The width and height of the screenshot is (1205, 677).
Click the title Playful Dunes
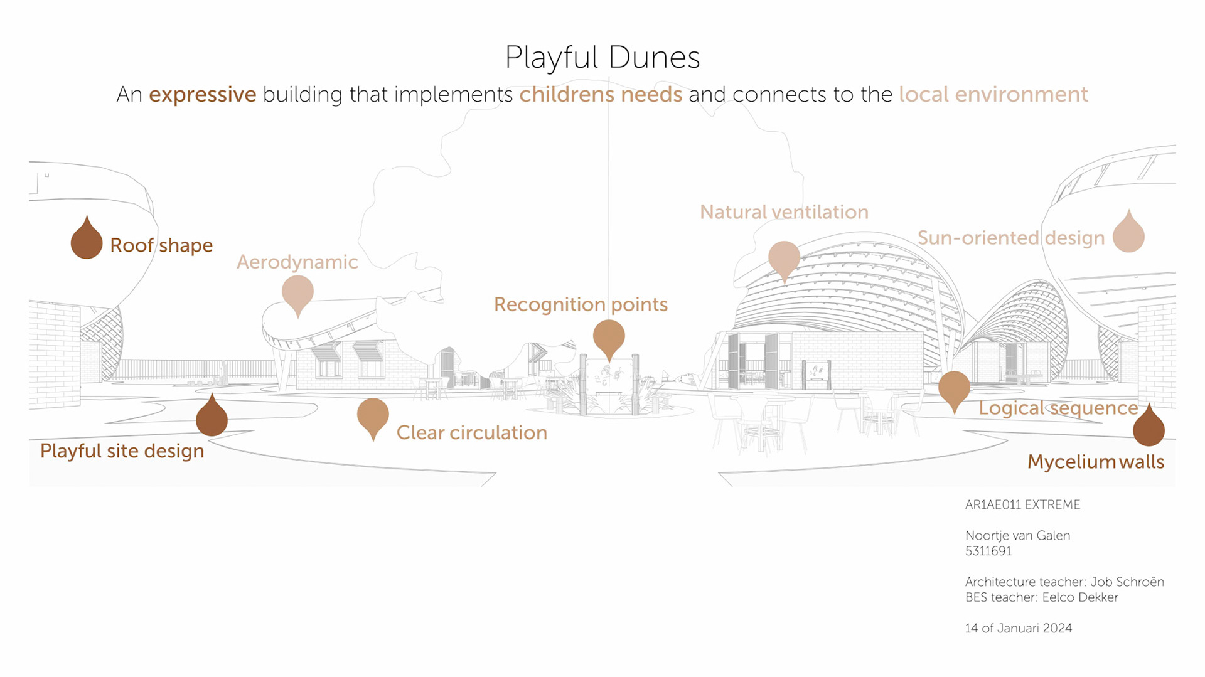(602, 58)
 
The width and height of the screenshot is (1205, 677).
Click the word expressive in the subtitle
(202, 94)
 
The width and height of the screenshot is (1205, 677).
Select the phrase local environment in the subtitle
(993, 94)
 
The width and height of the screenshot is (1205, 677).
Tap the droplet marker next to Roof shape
(87, 239)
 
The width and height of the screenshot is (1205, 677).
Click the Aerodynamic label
(297, 262)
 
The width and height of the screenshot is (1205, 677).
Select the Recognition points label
(581, 304)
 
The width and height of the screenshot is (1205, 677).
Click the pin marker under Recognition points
(609, 338)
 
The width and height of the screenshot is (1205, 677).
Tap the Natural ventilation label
(784, 212)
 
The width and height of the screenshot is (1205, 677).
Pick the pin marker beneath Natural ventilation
(784, 259)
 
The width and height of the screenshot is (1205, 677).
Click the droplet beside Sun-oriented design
(1128, 233)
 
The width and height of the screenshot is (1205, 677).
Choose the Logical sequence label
(1058, 408)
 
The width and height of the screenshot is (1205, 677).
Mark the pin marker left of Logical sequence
(954, 389)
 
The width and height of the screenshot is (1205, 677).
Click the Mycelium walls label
(1095, 462)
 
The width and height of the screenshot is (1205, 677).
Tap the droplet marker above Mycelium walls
(1149, 427)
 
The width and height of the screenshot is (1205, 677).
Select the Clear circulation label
(471, 432)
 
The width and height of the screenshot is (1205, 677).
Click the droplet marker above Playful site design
(212, 417)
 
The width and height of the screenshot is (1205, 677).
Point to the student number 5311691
(988, 551)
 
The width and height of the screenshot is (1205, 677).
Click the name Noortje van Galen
(1017, 535)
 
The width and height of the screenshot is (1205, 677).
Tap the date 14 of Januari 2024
(1018, 628)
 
